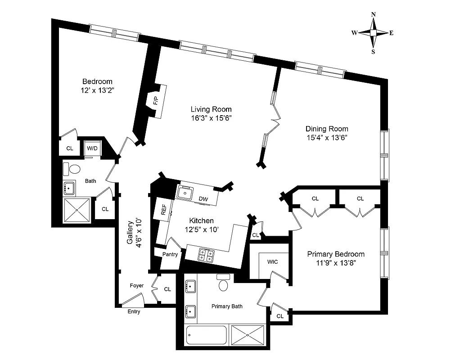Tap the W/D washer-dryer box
(x=92, y=148)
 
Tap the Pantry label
(x=169, y=254)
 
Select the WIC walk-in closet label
(x=272, y=261)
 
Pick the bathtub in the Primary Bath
(x=207, y=335)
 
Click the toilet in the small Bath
(x=72, y=169)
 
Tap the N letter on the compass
(x=373, y=14)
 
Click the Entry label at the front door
(x=134, y=311)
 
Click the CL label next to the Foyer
(x=167, y=289)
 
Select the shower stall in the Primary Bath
(x=249, y=335)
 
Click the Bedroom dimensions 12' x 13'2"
(x=97, y=90)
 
